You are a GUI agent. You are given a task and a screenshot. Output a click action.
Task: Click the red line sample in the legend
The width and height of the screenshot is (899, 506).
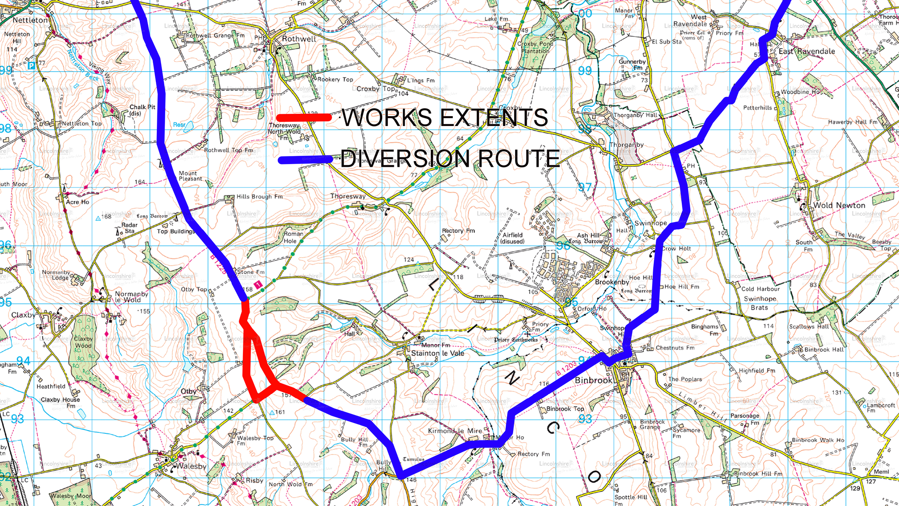pos(303,118)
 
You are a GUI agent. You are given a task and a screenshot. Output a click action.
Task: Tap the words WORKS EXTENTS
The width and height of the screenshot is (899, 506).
pos(445,118)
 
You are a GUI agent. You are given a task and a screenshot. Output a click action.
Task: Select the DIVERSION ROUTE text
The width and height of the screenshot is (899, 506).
pos(450,159)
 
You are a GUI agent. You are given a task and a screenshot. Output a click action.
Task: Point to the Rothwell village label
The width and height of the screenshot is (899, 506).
pos(299,39)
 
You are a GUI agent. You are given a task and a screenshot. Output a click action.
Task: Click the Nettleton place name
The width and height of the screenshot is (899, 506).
pos(30,20)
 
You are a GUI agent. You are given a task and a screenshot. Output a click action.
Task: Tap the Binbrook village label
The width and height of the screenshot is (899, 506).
pos(593,380)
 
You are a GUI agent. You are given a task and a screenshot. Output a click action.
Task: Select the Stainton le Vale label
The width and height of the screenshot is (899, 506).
pos(437,353)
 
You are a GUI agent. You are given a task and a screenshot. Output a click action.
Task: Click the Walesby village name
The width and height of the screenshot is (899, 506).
pos(191,466)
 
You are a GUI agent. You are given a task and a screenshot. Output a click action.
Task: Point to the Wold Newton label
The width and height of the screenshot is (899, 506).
pos(839,205)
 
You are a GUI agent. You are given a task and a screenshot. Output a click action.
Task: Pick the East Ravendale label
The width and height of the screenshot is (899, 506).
pos(807,52)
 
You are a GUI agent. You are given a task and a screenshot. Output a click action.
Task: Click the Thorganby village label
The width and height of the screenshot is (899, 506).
pos(626,145)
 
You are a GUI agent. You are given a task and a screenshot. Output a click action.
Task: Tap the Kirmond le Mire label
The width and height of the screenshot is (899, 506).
pos(455,431)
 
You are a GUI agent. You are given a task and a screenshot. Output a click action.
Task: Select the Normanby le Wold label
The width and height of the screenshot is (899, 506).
pos(131,297)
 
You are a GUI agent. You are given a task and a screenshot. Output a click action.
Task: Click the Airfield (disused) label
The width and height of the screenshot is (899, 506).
pos(513,238)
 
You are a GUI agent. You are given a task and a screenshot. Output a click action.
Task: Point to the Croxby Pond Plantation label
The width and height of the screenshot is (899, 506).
pos(535,47)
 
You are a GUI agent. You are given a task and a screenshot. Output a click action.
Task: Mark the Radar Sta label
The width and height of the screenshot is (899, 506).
pos(129,228)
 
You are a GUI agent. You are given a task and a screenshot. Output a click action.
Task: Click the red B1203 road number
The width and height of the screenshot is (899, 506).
pos(567,368)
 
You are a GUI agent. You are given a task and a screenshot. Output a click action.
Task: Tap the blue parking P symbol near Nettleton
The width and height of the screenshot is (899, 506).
pos(31,66)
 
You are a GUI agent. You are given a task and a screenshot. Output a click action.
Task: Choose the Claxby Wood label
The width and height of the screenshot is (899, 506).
pos(83,342)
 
